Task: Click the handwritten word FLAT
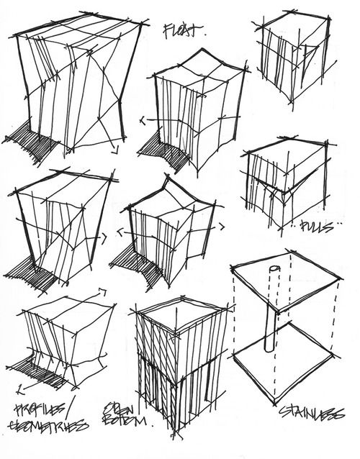click(184, 32)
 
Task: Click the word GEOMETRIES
click(49, 426)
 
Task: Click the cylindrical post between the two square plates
click(270, 317)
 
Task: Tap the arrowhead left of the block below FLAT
click(143, 119)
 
